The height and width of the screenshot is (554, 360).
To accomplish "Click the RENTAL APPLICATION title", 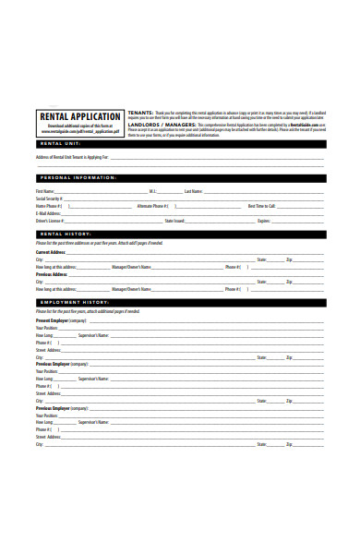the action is click(78, 116).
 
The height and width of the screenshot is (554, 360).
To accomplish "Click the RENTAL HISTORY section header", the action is click(65, 234).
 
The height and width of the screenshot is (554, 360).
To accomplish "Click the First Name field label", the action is click(45, 191).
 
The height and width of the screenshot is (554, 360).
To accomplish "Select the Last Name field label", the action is click(193, 191).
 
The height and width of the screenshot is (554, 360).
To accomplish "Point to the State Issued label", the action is click(174, 222).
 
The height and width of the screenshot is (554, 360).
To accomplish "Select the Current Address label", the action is click(51, 252).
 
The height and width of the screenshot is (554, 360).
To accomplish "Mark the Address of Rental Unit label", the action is click(72, 157).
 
